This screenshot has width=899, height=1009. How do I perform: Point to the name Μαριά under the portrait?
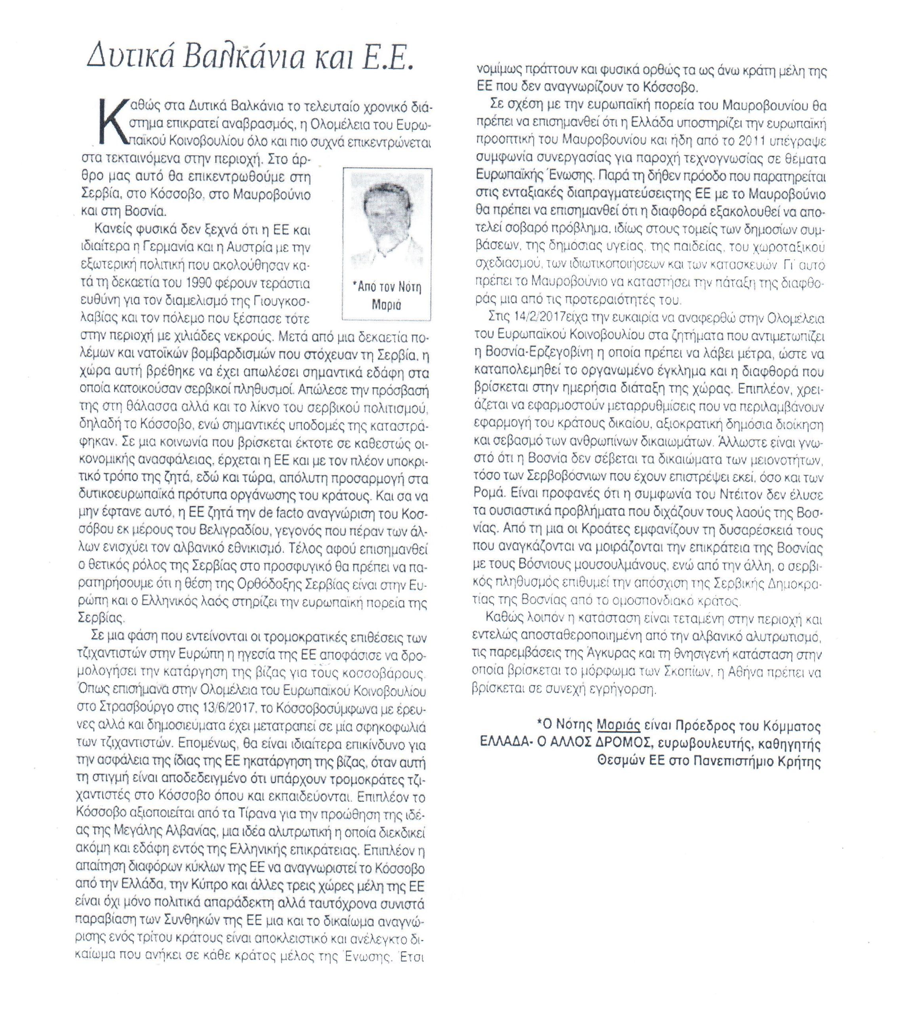pos(386,305)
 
